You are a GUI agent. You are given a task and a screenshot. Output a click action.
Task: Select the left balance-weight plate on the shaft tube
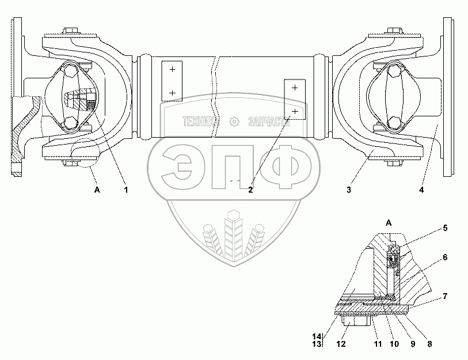point(172,80)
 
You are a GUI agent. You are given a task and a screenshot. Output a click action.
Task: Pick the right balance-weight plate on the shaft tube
point(294,98)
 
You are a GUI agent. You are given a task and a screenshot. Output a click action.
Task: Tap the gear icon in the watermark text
point(234,122)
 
